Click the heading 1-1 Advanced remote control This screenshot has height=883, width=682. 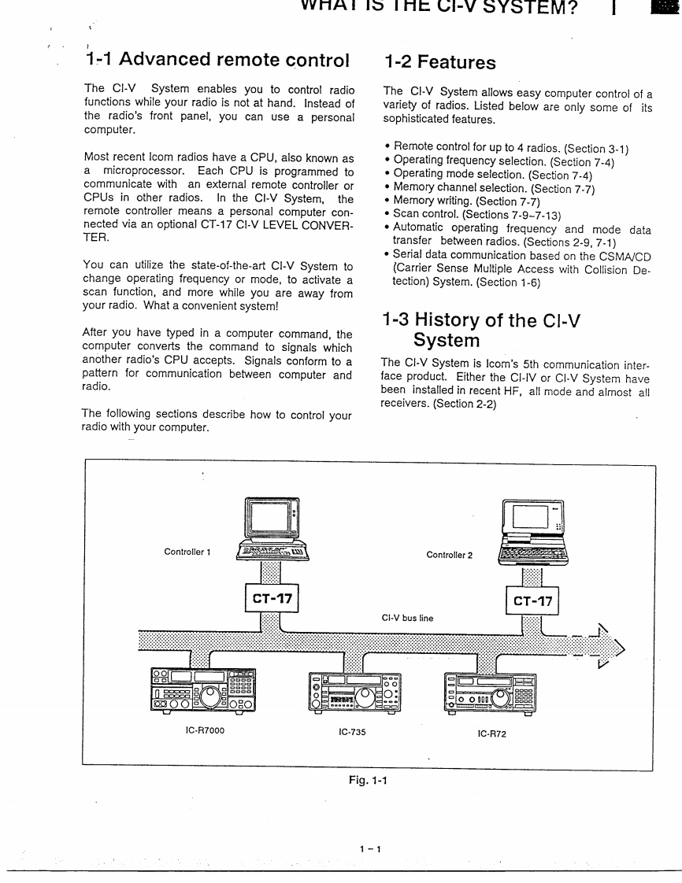pos(217,60)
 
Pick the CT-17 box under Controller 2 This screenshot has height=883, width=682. pos(533,603)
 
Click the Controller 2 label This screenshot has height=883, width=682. pos(450,555)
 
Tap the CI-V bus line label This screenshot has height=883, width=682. pos(407,618)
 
